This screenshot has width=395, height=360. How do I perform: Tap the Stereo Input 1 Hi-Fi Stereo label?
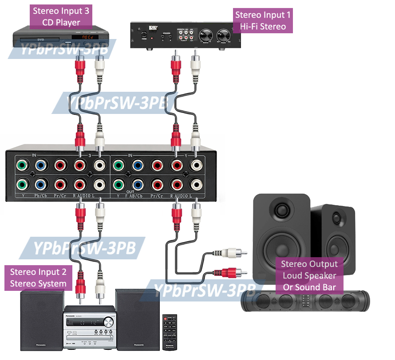263,21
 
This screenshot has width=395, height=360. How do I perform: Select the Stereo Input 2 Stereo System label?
38,278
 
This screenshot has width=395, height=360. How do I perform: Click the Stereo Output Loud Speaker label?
309,275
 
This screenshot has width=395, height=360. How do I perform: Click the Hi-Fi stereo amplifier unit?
186,35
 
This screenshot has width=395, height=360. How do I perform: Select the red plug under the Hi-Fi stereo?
176,64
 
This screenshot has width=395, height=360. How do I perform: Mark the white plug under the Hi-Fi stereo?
195,64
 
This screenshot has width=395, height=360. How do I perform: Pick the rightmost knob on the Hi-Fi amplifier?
222,34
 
